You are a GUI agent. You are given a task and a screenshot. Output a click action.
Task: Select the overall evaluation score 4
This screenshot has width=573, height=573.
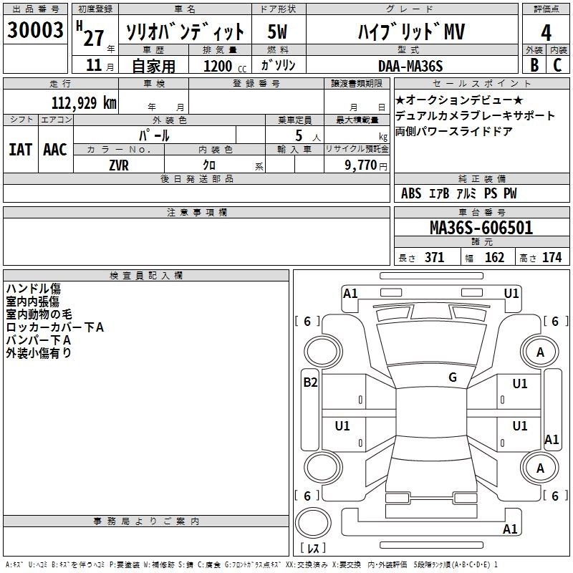[546, 32]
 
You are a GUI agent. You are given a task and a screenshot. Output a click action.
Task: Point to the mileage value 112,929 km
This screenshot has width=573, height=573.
[83, 102]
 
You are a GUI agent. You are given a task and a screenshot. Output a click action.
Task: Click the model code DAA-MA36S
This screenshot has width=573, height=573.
[410, 66]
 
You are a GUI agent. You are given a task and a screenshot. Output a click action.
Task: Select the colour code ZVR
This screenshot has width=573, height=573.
[119, 164]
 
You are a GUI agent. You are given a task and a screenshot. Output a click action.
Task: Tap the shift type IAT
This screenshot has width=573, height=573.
[21, 150]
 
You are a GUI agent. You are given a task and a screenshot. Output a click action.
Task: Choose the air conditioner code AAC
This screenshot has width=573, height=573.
[55, 150]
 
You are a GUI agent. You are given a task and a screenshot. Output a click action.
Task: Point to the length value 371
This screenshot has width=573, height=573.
[434, 258]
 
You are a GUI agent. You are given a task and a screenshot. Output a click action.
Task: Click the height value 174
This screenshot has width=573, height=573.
[552, 258]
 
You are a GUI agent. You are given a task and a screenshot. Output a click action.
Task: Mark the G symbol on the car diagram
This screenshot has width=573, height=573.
[453, 377]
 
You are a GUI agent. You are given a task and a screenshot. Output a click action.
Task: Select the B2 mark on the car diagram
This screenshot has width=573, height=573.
[310, 382]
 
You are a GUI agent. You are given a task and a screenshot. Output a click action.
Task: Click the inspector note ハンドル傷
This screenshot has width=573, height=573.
[33, 289]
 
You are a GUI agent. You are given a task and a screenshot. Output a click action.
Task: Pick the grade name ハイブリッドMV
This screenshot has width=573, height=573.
[410, 32]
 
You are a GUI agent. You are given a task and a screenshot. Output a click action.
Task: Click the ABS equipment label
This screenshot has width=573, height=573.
[411, 193]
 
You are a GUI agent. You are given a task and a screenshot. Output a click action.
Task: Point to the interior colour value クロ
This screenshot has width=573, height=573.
[212, 164]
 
